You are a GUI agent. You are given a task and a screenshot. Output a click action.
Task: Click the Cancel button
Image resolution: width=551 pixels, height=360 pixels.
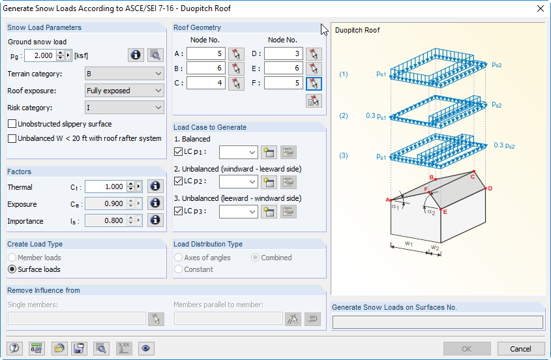(x=520, y=348)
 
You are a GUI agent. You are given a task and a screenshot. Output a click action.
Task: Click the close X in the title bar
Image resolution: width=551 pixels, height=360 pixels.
(x=539, y=8)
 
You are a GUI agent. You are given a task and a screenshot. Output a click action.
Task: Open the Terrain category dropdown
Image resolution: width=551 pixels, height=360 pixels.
(x=125, y=74)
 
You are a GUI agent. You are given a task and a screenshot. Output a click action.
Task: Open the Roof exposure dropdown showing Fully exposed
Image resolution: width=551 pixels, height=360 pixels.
(x=125, y=91)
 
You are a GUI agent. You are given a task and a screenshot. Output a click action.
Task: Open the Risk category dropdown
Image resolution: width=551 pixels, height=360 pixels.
(x=125, y=108)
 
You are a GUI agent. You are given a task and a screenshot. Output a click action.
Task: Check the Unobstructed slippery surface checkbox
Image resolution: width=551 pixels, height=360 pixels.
(x=12, y=124)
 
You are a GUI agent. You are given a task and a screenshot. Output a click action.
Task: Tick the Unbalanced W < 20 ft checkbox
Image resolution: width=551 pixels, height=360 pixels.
(x=12, y=138)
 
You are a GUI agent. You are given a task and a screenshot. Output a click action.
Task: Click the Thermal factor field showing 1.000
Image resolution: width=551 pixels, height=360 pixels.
(x=106, y=187)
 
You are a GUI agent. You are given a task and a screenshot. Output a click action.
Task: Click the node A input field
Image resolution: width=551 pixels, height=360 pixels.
(x=205, y=53)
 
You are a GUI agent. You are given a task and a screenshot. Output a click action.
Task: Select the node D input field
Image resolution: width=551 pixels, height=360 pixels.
(x=283, y=53)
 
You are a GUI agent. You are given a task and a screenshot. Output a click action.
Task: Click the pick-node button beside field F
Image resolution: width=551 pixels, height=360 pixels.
(x=314, y=83)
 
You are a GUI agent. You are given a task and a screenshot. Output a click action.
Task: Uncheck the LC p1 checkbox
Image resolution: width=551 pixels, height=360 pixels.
(x=179, y=152)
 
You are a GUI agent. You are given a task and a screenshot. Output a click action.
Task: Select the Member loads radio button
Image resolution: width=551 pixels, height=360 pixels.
(x=12, y=258)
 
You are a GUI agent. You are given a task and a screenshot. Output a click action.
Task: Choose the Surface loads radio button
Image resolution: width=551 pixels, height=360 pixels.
(x=12, y=269)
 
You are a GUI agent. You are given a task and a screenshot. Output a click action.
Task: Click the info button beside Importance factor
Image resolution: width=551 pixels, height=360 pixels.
(x=155, y=220)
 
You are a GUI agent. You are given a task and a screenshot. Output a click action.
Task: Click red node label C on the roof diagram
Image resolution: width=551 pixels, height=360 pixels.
(x=473, y=176)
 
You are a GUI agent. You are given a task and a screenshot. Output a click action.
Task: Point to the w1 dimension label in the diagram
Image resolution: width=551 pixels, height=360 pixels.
(x=408, y=243)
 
